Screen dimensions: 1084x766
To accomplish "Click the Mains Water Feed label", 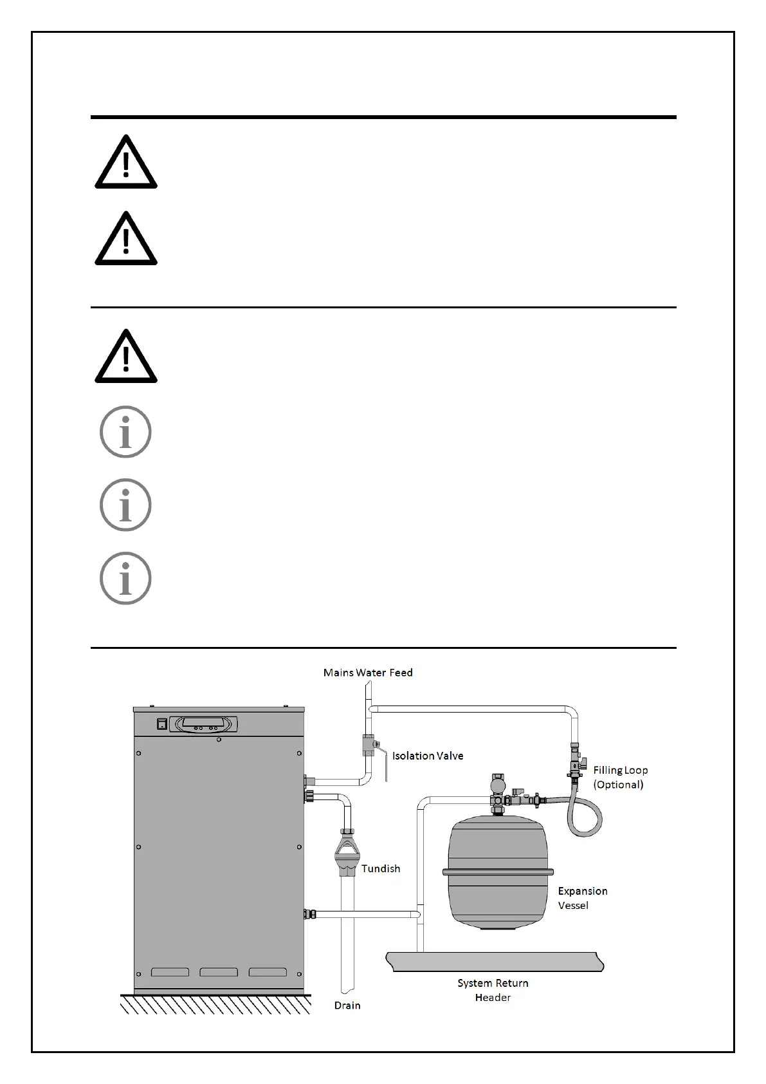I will (x=368, y=673).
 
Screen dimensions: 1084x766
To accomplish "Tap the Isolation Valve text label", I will (x=428, y=756).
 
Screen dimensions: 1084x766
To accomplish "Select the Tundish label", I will (x=381, y=868).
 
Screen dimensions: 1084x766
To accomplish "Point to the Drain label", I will (x=347, y=1005).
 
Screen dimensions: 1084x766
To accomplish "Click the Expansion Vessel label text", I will (x=582, y=898).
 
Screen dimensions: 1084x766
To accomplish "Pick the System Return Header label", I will (x=493, y=990).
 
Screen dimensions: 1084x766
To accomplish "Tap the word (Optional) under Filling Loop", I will (x=619, y=784).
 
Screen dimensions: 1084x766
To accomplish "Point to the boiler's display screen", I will (x=206, y=722).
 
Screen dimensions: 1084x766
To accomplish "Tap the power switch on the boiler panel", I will (x=162, y=724).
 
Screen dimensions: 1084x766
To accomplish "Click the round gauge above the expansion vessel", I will (x=497, y=785).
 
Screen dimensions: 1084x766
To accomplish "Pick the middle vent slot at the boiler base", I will (x=219, y=972).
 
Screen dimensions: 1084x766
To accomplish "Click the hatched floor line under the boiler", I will (x=215, y=1004).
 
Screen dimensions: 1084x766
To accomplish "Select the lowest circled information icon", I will (x=125, y=578).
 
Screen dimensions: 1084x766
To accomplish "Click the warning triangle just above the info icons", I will (x=126, y=359).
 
